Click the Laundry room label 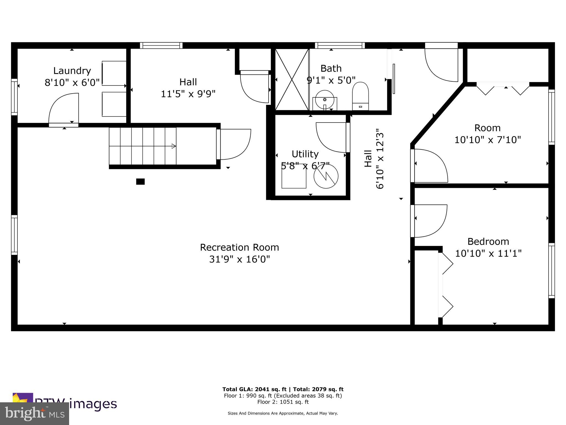pyautogui.click(x=72, y=71)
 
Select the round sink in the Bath pyautogui.click(x=325, y=99)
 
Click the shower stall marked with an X pyautogui.click(x=292, y=80)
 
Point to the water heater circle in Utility pyautogui.click(x=326, y=177)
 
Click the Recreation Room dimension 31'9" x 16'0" pyautogui.click(x=239, y=259)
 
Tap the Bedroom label pyautogui.click(x=488, y=242)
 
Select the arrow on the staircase pyautogui.click(x=174, y=146)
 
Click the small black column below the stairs pyautogui.click(x=140, y=182)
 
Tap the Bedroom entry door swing pyautogui.click(x=429, y=221)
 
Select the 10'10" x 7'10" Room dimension pyautogui.click(x=488, y=140)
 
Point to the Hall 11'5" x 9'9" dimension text pyautogui.click(x=188, y=94)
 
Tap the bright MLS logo pyautogui.click(x=34, y=413)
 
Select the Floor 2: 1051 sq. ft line pyautogui.click(x=283, y=402)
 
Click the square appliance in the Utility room pyautogui.click(x=294, y=178)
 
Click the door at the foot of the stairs pyautogui.click(x=234, y=144)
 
